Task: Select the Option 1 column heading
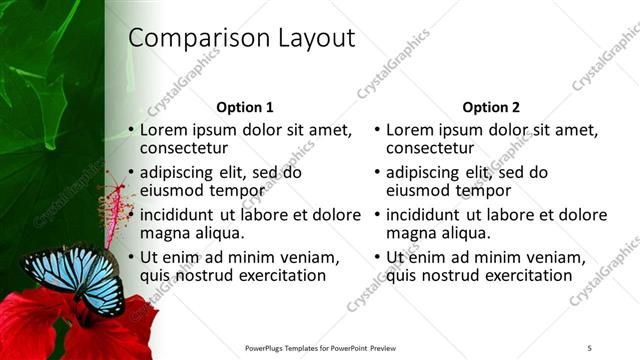pyautogui.click(x=245, y=107)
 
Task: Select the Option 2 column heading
pyautogui.click(x=491, y=107)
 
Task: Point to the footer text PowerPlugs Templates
pyautogui.click(x=290, y=348)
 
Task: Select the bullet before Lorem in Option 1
pyautogui.click(x=131, y=130)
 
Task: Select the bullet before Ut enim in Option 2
pyautogui.click(x=377, y=257)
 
